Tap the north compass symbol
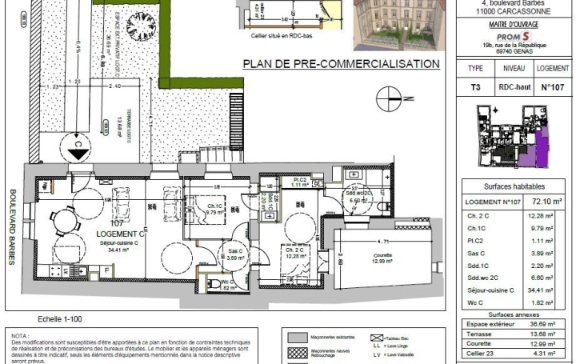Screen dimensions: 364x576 click(391, 98)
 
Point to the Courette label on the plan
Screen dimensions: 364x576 click(383, 255)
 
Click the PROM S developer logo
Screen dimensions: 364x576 click(512, 37)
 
